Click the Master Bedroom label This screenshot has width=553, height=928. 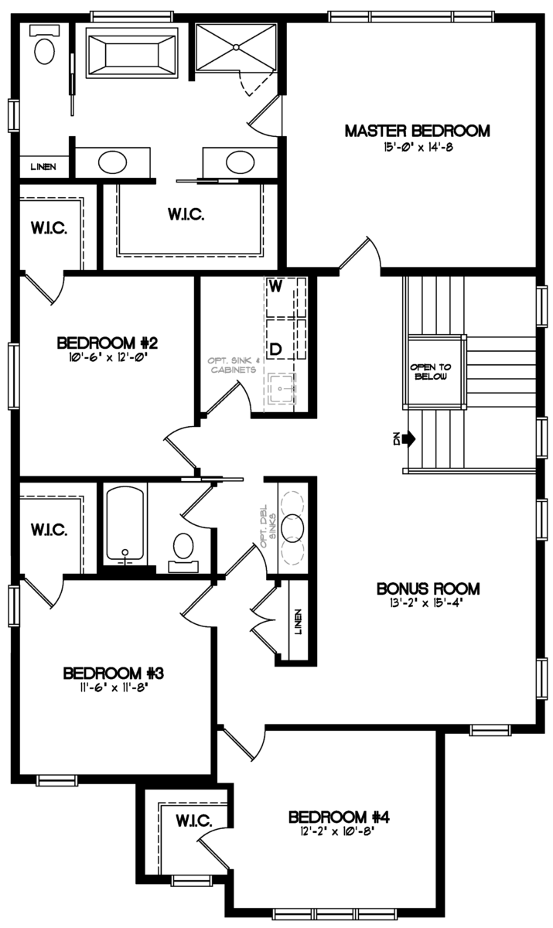(417, 131)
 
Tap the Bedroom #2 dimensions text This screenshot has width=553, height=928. (108, 357)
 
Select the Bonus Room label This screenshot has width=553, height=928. (428, 589)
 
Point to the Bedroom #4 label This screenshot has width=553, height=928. (343, 817)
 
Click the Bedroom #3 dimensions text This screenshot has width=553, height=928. (112, 687)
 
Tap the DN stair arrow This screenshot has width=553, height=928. (405, 438)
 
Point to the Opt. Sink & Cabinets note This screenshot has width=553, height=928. (233, 365)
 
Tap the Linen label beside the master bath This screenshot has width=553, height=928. (43, 166)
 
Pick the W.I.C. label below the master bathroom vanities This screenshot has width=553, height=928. (186, 215)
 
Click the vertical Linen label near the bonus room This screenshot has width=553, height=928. (299, 621)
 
